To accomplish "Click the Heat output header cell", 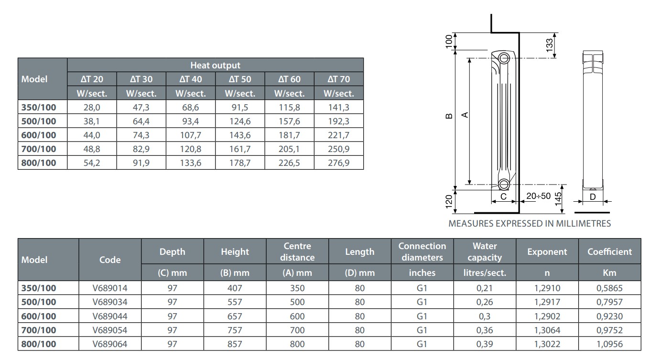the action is [x=215, y=65].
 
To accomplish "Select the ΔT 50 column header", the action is [x=240, y=79].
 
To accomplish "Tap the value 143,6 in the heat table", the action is [x=240, y=135].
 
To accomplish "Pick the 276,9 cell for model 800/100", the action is [x=339, y=163].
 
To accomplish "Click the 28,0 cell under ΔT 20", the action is [x=92, y=108].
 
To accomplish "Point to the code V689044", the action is [x=110, y=316].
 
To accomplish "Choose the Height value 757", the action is [x=235, y=330].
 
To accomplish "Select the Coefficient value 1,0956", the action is [x=610, y=344].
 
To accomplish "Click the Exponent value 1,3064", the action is [x=547, y=330].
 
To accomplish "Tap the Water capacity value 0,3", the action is [x=485, y=316].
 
